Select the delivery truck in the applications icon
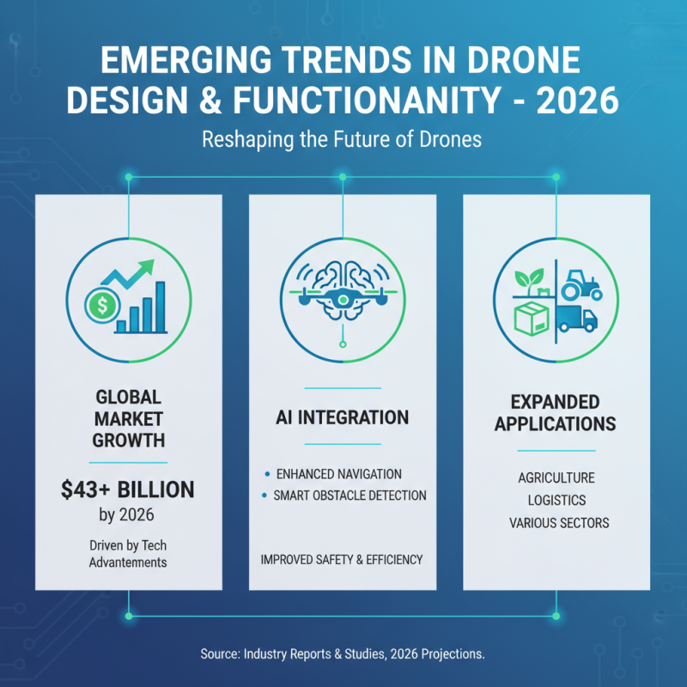point(576,319)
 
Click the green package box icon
point(531,320)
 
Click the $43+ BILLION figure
point(128,489)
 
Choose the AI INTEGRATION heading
point(343,418)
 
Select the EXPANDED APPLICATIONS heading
point(556,413)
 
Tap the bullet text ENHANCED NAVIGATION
point(337,474)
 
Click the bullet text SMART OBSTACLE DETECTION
point(349,495)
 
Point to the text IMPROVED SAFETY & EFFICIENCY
point(342,560)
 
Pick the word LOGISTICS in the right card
point(556,500)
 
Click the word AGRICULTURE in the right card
point(556,477)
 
